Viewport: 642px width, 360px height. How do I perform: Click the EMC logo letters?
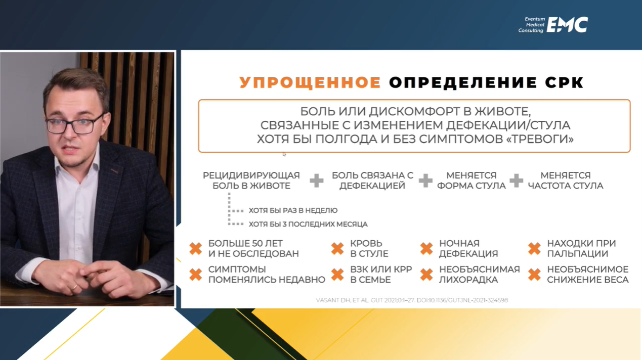point(567,25)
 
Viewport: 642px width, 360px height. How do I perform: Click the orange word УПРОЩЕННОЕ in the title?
point(311,82)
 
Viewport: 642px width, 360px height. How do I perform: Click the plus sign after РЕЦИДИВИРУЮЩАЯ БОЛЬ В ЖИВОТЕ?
point(316,181)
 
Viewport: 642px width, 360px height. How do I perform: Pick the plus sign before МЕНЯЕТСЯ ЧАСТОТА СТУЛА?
point(516,181)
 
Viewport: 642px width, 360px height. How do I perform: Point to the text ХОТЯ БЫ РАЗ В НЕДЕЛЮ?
point(293,210)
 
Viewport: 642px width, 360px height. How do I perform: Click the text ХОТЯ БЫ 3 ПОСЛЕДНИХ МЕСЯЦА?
point(308,224)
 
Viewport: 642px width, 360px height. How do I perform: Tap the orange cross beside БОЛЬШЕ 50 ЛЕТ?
point(196,248)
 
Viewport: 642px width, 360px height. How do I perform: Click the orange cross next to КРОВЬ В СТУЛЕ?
point(337,248)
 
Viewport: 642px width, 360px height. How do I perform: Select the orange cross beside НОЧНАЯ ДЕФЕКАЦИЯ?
point(426,248)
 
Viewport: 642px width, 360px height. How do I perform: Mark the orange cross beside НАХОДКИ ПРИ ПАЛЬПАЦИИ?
point(535,248)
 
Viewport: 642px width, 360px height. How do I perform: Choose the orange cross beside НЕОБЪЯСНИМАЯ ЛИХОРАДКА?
point(426,275)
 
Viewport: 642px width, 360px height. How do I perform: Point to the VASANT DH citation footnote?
point(412,300)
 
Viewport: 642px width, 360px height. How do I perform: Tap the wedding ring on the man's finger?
point(74,287)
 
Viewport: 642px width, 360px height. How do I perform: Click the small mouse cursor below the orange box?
point(284,154)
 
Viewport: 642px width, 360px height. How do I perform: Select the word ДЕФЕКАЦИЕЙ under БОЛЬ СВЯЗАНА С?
point(372,186)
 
